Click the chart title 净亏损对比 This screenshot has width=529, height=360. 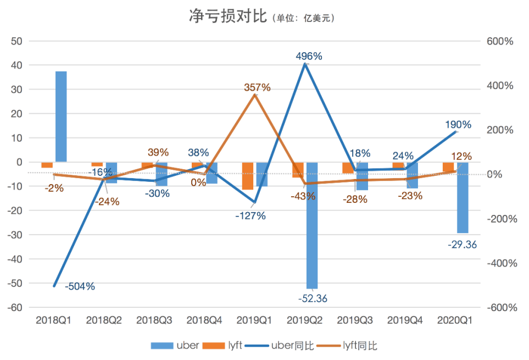pyautogui.click(x=226, y=16)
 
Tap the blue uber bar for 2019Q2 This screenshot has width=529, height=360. pyautogui.click(x=312, y=225)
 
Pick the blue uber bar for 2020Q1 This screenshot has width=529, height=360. pyautogui.click(x=463, y=197)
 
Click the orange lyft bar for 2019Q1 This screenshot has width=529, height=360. pyautogui.click(x=248, y=176)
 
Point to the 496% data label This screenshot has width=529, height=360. pyautogui.click(x=309, y=56)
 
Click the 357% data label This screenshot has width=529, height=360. pyautogui.click(x=258, y=87)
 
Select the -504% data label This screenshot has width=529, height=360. pyautogui.click(x=80, y=286)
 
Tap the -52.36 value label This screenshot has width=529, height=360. pyautogui.click(x=313, y=298)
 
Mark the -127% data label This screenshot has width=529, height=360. pyautogui.click(x=250, y=216)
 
